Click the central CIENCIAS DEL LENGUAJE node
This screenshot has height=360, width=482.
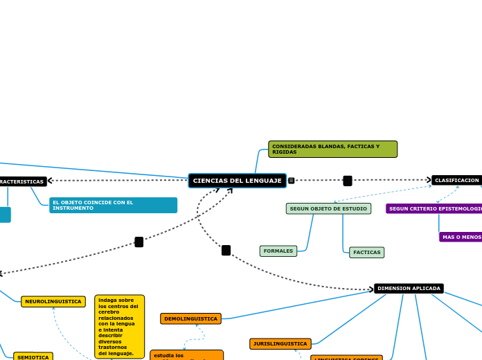pyautogui.click(x=237, y=181)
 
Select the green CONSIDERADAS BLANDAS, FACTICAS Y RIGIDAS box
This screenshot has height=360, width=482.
pyautogui.click(x=332, y=150)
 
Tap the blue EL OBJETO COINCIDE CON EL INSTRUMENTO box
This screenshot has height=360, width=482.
pyautogui.click(x=113, y=205)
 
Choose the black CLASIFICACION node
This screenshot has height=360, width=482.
pyautogui.click(x=456, y=180)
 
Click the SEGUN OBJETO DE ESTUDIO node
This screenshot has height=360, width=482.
pyautogui.click(x=328, y=208)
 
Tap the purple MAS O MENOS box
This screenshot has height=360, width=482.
pyautogui.click(x=461, y=237)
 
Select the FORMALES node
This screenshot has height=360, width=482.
pyautogui.click(x=278, y=251)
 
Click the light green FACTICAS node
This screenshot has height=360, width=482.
pyautogui.click(x=366, y=252)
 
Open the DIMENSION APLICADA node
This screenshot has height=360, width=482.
pyautogui.click(x=409, y=288)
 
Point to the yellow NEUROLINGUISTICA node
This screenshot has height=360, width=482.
pyautogui.click(x=53, y=302)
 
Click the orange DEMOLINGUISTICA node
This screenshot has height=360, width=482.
pyautogui.click(x=190, y=318)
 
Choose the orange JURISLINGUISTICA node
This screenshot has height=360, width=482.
pyautogui.click(x=280, y=343)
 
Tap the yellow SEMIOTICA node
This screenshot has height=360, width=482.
pyautogui.click(x=33, y=357)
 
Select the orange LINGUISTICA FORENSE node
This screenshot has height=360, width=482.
pyautogui.click(x=346, y=358)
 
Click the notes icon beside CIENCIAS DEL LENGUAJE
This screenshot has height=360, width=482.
pyautogui.click(x=292, y=181)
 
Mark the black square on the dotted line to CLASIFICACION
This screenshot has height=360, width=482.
pyautogui.click(x=348, y=181)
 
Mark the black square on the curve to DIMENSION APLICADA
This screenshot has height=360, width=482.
pyautogui.click(x=226, y=250)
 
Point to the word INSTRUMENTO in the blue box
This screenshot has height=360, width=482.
pyautogui.click(x=73, y=208)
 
